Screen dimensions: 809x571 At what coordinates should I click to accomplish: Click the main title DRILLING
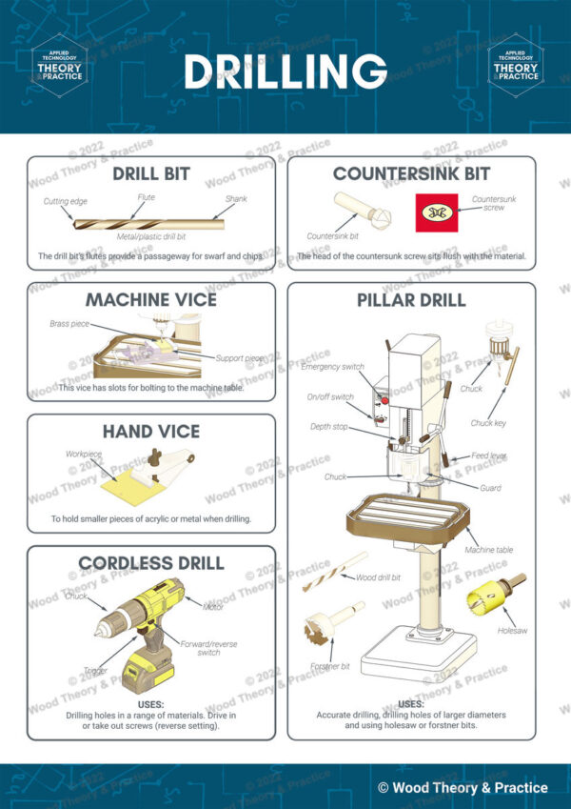coord(285,71)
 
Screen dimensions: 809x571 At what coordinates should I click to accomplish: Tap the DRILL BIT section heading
coord(151,174)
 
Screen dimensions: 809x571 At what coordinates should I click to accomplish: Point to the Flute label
coord(146,198)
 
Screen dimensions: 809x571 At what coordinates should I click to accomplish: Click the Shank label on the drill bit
coord(236,199)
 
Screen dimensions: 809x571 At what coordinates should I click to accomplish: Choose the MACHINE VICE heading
coord(151,299)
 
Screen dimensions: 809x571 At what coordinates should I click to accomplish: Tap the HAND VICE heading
coord(151,432)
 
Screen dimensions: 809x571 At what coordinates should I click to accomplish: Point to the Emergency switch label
coord(332,367)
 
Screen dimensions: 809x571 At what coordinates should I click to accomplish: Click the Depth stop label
coord(328,427)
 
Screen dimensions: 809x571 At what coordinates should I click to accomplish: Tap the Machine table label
coord(489,551)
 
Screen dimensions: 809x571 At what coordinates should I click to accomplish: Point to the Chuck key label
coord(488,423)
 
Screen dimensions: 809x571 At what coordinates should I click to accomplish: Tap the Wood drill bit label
coord(378,577)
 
